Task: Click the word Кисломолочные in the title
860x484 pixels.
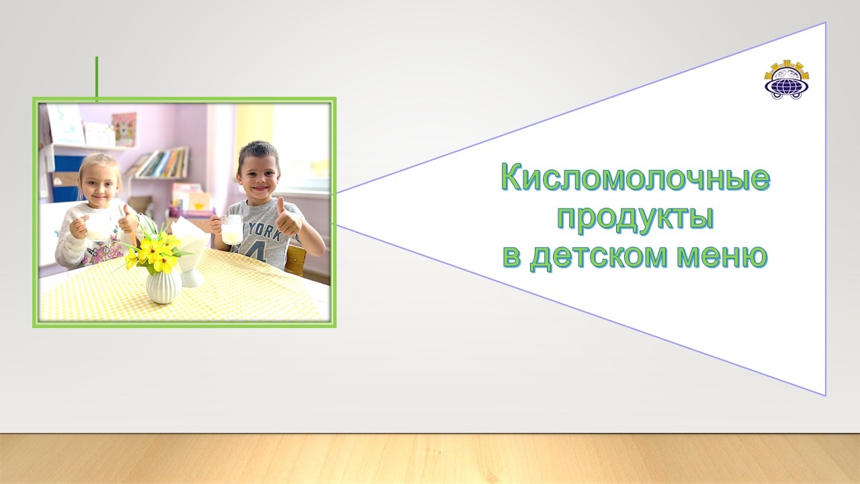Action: [x=636, y=178]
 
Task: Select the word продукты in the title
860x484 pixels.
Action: [x=635, y=219]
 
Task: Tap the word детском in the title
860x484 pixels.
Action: [x=598, y=257]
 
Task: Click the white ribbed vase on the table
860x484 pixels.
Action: [x=163, y=286]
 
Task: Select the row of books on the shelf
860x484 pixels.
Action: [x=163, y=163]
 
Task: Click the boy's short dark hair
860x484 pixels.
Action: [x=259, y=153]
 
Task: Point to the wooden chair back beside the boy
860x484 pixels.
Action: [x=296, y=259]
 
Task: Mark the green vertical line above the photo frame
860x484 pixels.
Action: [x=97, y=79]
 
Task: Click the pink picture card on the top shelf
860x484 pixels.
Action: [x=124, y=128]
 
